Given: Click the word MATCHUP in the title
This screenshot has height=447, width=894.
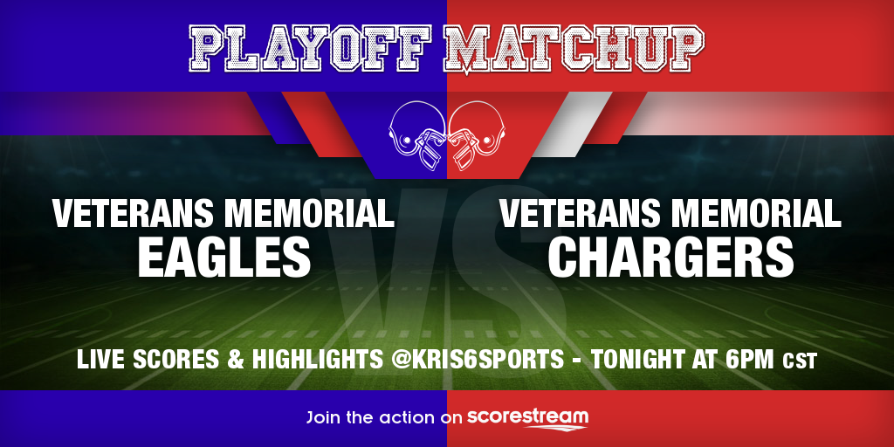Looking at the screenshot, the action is pyautogui.click(x=574, y=50).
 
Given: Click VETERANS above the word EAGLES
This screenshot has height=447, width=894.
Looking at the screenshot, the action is pyautogui.click(x=133, y=213).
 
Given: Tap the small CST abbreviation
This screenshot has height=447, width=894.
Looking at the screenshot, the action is pyautogui.click(x=800, y=361).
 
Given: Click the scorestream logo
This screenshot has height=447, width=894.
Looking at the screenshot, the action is pyautogui.click(x=527, y=418).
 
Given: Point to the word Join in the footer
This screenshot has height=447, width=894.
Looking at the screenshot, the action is pyautogui.click(x=324, y=417).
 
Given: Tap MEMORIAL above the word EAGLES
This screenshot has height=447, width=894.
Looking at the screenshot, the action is pyautogui.click(x=308, y=213).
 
